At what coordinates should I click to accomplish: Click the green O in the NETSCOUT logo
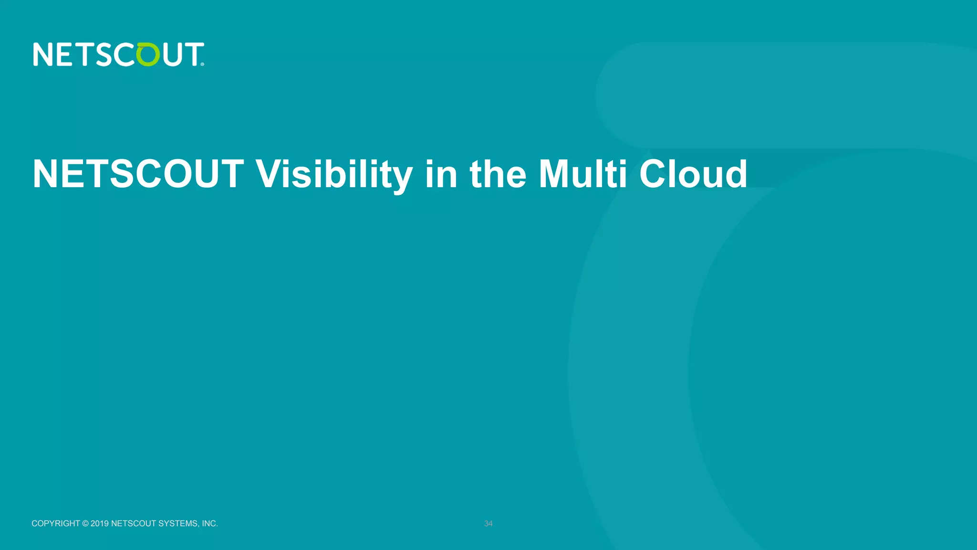[x=148, y=54]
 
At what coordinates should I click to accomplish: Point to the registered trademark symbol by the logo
[x=203, y=64]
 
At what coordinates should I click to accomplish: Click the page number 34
[x=488, y=524]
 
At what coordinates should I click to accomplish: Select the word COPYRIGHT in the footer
[x=56, y=524]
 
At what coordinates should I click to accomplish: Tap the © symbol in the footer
[x=85, y=524]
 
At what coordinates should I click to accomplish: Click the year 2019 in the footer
[x=100, y=524]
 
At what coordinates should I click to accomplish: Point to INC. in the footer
[x=210, y=524]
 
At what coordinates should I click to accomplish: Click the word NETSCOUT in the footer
[x=134, y=524]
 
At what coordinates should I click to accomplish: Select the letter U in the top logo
[x=173, y=54]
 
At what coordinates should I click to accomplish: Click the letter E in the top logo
[x=65, y=54]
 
